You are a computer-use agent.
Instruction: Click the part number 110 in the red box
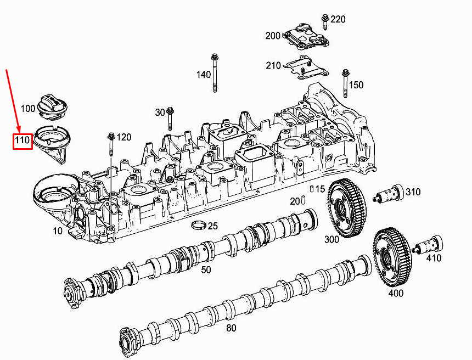pyautogui.click(x=23, y=140)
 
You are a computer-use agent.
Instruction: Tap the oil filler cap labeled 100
pyautogui.click(x=53, y=107)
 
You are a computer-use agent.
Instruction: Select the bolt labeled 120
pyautogui.click(x=111, y=144)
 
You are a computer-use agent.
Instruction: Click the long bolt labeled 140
pyautogui.click(x=215, y=73)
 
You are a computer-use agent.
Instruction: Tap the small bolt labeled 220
pyautogui.click(x=325, y=21)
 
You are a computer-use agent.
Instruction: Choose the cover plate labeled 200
pyautogui.click(x=306, y=36)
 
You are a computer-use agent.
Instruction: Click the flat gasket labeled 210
pyautogui.click(x=306, y=67)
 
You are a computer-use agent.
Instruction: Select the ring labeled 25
pyautogui.click(x=199, y=225)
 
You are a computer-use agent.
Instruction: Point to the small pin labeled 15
pyautogui.click(x=312, y=189)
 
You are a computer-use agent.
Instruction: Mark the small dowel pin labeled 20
pyautogui.click(x=303, y=200)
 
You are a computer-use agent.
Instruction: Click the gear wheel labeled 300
pyautogui.click(x=346, y=207)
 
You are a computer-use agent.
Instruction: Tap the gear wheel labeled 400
pyautogui.click(x=392, y=257)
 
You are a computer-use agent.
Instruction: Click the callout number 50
pyautogui.click(x=206, y=269)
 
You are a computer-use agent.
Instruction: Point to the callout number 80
pyautogui.click(x=231, y=328)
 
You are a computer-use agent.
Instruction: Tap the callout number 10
pyautogui.click(x=58, y=231)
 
